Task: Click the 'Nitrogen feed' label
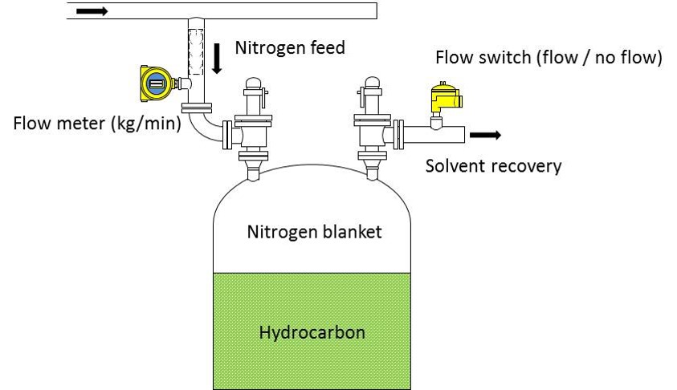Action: (289, 48)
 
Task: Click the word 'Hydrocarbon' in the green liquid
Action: (311, 331)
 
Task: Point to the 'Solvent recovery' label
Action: (493, 166)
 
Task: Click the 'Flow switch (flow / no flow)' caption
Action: (549, 59)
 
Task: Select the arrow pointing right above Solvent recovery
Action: (485, 135)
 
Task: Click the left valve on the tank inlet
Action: (253, 128)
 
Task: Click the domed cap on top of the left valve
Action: (253, 82)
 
